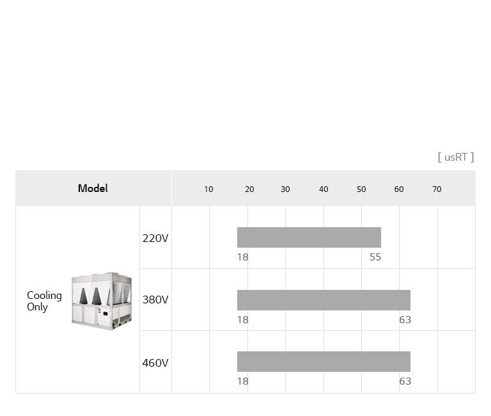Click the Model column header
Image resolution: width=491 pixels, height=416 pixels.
pos(93,188)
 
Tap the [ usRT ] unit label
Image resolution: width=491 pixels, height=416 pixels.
pos(456,157)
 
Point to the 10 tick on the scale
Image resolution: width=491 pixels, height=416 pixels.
pos(208,189)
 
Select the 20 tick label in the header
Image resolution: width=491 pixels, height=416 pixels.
pos(249,189)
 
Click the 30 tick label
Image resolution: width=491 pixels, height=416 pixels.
pos(285,189)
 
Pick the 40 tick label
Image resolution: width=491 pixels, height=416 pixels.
pos(323,189)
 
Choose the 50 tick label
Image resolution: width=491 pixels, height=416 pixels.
pos(361,189)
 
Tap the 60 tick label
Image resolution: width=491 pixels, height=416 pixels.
pos(399,189)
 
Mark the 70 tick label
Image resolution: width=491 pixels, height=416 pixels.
pos(437,189)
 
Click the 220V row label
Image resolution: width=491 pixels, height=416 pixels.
pos(155,238)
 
